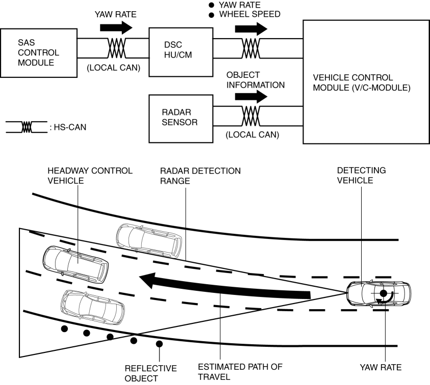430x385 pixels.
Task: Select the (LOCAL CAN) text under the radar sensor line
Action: [251, 135]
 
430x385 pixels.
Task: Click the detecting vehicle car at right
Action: [378, 293]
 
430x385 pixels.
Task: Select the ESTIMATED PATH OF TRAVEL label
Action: [239, 372]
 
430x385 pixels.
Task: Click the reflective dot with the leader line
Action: [159, 344]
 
